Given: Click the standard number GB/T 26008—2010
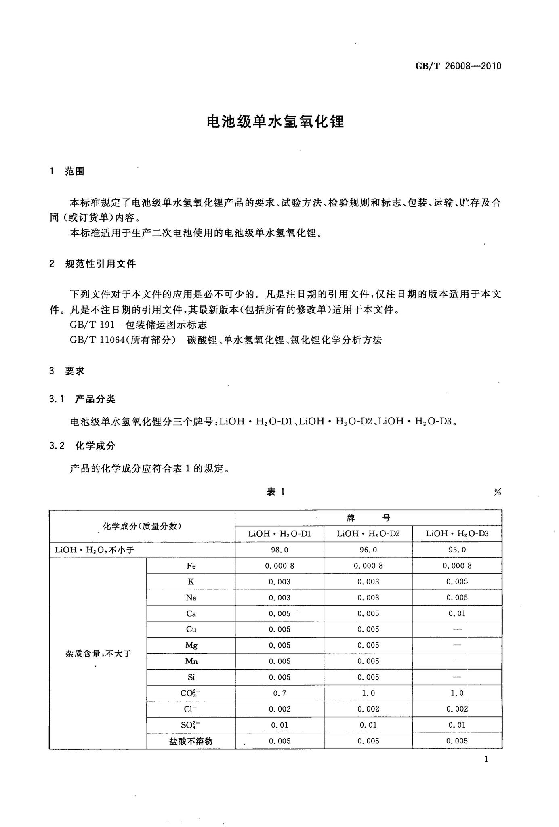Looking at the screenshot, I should pyautogui.click(x=458, y=66).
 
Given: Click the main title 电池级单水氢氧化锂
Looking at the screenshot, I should pyautogui.click(x=275, y=121).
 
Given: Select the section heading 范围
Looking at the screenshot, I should pyautogui.click(x=75, y=172).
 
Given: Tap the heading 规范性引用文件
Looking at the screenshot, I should pyautogui.click(x=101, y=264).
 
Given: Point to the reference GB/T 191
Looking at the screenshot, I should pyautogui.click(x=92, y=325).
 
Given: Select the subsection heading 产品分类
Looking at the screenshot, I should pyautogui.click(x=95, y=399).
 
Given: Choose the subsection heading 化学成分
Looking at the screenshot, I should pyautogui.click(x=95, y=446).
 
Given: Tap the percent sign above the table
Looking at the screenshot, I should pyautogui.click(x=497, y=492).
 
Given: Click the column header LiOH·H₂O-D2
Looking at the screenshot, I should pyautogui.click(x=368, y=534).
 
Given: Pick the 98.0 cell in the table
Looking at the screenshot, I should pyautogui.click(x=279, y=550).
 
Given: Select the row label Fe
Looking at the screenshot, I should pyautogui.click(x=191, y=566).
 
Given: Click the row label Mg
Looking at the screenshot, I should pyautogui.click(x=191, y=645).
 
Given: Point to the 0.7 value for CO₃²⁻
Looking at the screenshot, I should pyautogui.click(x=279, y=693).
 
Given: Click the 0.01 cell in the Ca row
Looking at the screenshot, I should pyautogui.click(x=457, y=613).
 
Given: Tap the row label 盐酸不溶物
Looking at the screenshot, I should pyautogui.click(x=191, y=741).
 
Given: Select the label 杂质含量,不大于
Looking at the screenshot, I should pyautogui.click(x=98, y=653).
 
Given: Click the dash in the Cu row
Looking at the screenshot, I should pyautogui.click(x=457, y=630).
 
